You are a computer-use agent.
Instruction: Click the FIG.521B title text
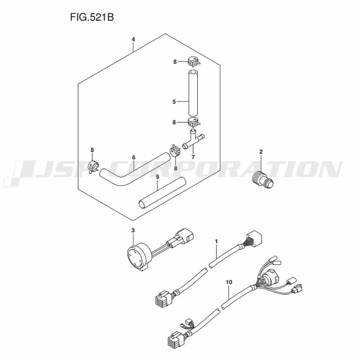(92, 17)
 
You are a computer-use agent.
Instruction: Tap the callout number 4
(133, 39)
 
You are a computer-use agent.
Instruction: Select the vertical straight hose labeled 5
(193, 93)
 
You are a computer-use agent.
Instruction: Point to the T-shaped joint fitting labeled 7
(193, 140)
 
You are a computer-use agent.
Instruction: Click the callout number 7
(193, 157)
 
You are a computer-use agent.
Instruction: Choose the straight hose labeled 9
(162, 193)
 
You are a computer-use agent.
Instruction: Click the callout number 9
(157, 177)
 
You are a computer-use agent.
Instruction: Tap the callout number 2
(261, 152)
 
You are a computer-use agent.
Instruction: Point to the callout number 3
(133, 230)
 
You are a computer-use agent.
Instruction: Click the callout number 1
(216, 241)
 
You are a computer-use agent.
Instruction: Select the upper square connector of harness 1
(254, 237)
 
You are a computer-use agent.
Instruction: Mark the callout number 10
(229, 282)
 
